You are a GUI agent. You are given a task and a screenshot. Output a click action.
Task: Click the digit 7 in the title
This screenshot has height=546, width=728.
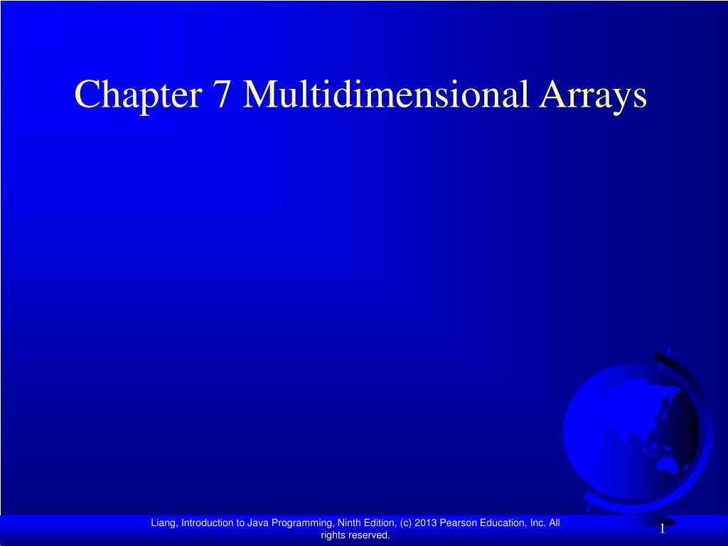(x=220, y=95)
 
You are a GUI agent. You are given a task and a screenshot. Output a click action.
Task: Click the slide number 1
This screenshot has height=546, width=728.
(x=662, y=528)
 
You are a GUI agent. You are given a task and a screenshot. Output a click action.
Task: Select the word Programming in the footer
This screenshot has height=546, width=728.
(x=303, y=523)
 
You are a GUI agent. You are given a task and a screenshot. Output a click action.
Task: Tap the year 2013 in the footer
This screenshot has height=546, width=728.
(x=425, y=523)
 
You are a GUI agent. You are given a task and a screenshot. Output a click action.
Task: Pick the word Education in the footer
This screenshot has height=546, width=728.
(x=500, y=523)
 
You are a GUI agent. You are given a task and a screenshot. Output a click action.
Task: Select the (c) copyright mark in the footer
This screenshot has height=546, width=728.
(x=406, y=523)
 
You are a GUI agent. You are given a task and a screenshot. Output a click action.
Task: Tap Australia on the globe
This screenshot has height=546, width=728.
(x=668, y=466)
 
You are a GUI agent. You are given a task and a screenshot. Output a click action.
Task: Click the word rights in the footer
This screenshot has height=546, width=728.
(x=333, y=535)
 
